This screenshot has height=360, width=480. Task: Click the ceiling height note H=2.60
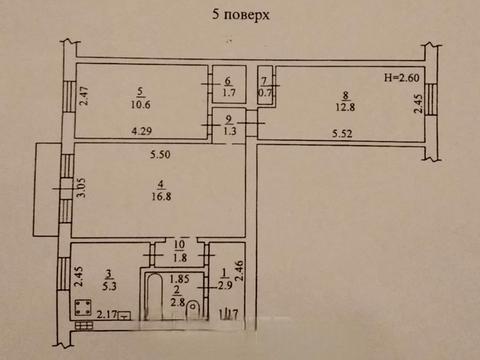[x=400, y=78]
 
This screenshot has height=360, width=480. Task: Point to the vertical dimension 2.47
[x=85, y=97]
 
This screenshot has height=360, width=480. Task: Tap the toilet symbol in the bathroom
[x=193, y=315]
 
